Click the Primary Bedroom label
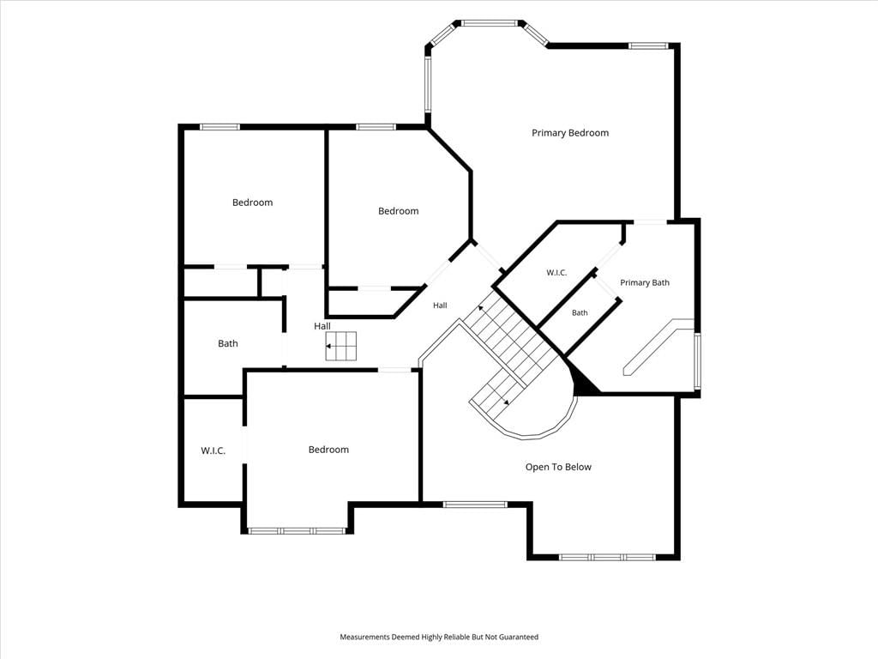point(570,133)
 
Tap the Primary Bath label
point(645,282)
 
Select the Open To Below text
point(558,467)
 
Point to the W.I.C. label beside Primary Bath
point(556,273)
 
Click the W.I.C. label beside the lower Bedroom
point(213,450)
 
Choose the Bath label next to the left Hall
point(228,343)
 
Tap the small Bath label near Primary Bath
point(580,312)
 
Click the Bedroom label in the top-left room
point(253,203)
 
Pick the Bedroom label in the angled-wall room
point(398,211)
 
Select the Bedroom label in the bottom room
point(328,450)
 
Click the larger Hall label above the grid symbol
point(322,325)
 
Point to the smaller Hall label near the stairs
point(440,305)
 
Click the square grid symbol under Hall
point(341,347)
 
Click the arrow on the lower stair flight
point(505,400)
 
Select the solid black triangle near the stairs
point(582,382)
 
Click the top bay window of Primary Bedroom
point(488,23)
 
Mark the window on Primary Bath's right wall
point(697,361)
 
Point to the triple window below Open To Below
point(608,557)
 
